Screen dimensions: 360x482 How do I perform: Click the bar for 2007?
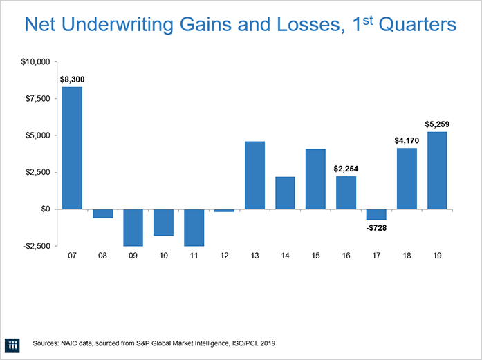72,148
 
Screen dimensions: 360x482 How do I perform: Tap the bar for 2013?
254,175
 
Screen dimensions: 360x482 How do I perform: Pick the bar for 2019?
437,170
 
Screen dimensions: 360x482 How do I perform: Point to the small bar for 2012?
224,210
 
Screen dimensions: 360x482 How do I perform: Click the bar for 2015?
315,179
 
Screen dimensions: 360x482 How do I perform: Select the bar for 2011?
194,227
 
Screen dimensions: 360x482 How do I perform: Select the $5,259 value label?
436,124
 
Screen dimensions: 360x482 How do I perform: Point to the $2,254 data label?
346,169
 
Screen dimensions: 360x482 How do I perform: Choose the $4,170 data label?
407,140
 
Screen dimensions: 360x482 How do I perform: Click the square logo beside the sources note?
13,343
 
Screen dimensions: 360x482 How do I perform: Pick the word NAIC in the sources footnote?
71,343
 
